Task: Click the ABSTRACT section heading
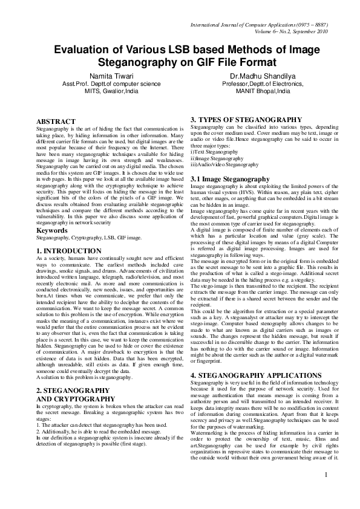click(56, 122)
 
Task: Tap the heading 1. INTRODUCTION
click(69, 250)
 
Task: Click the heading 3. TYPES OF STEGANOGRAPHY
click(246, 120)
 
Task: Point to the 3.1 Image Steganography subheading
click(230, 180)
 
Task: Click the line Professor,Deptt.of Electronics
click(262, 84)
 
